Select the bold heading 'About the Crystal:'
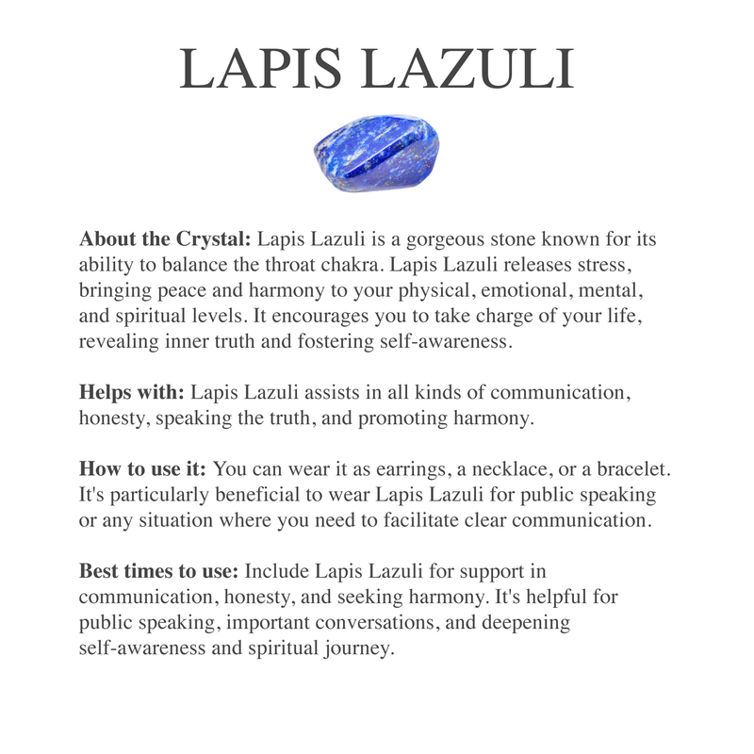[165, 238]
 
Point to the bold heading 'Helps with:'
[132, 392]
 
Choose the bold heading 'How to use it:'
[144, 468]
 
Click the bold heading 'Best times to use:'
[159, 571]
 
